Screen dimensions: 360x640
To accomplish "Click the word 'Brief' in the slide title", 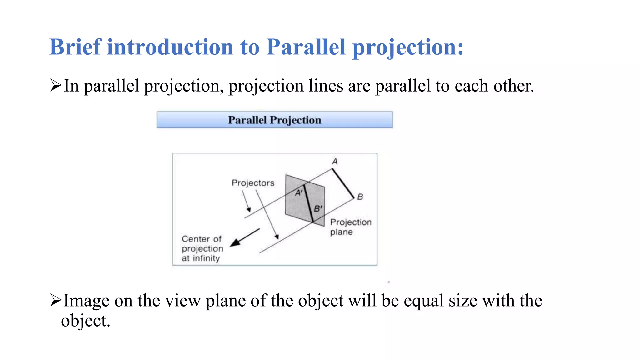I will pyautogui.click(x=75, y=47).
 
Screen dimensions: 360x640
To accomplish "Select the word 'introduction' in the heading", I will pyautogui.click(x=170, y=47).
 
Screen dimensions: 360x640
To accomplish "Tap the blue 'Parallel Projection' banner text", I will pyautogui.click(x=274, y=120).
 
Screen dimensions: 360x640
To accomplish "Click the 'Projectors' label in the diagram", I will pyautogui.click(x=253, y=183).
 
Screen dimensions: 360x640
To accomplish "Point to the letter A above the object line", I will pyautogui.click(x=335, y=162).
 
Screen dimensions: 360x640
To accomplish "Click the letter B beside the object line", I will pyautogui.click(x=360, y=197).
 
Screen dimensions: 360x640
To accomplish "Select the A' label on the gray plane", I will pyautogui.click(x=299, y=193).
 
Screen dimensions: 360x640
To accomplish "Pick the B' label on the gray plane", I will pyautogui.click(x=318, y=208).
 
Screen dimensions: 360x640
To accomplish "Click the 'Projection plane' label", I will pyautogui.click(x=350, y=227).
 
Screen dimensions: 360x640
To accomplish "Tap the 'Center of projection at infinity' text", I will pyautogui.click(x=202, y=248).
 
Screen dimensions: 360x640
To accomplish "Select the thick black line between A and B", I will pyautogui.click(x=343, y=183).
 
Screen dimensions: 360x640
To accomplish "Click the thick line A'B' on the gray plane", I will pyautogui.click(x=308, y=203).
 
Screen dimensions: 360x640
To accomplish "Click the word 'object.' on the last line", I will pyautogui.click(x=86, y=321).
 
